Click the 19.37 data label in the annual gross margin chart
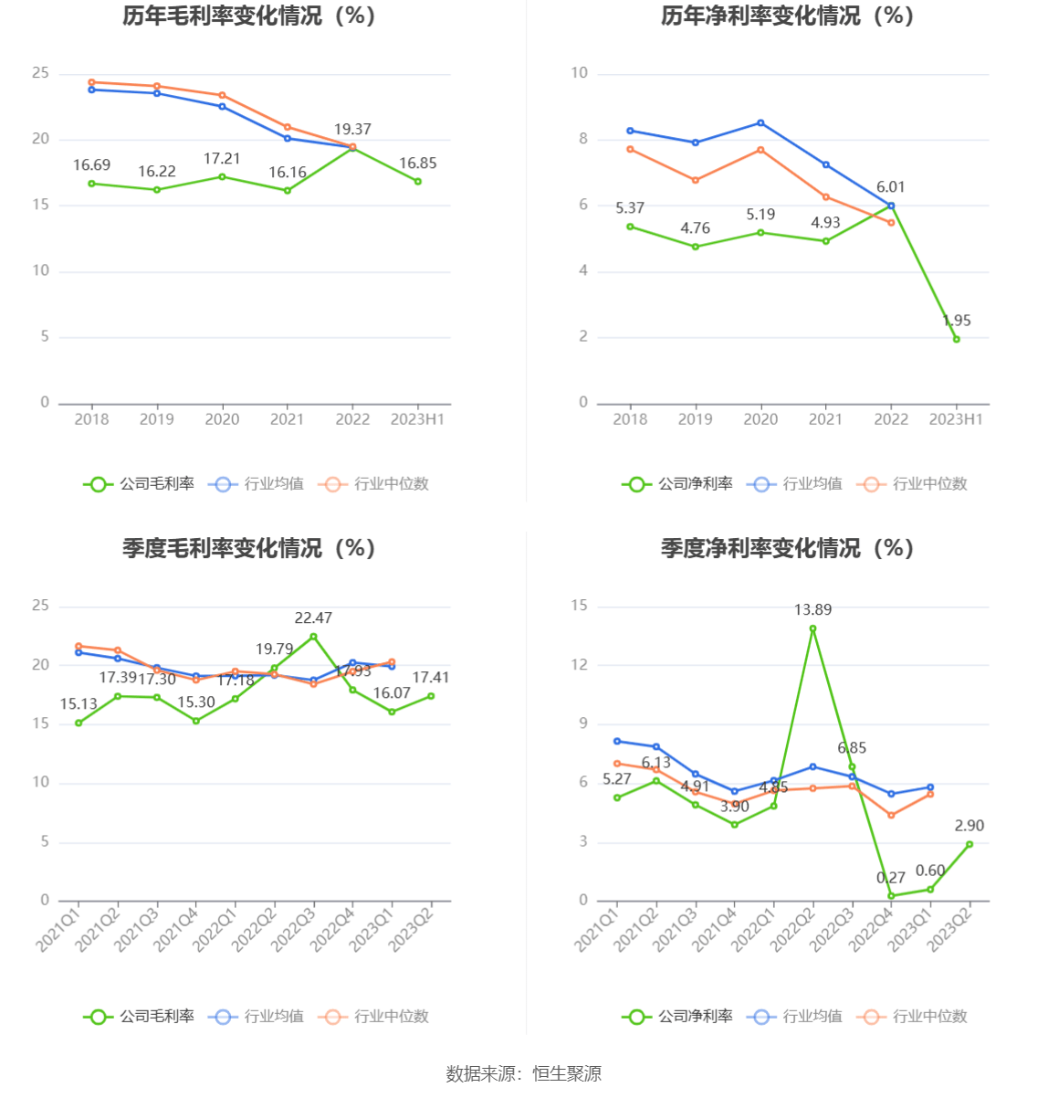[352, 130]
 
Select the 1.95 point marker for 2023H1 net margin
[956, 339]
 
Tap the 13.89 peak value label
[812, 610]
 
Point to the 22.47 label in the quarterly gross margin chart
[313, 618]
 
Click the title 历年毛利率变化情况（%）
[249, 16]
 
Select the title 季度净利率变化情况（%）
[787, 548]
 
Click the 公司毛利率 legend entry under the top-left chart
[140, 484]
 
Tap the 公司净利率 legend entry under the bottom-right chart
[678, 1017]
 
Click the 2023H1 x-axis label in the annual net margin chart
[956, 419]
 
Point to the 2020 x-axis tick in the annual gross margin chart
[222, 419]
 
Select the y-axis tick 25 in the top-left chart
[41, 73]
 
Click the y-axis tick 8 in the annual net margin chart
[583, 140]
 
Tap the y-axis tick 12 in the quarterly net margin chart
[580, 665]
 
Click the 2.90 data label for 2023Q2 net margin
[969, 826]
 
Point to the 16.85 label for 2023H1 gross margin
[418, 164]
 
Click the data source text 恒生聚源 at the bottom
[567, 1074]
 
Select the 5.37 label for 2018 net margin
[630, 208]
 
